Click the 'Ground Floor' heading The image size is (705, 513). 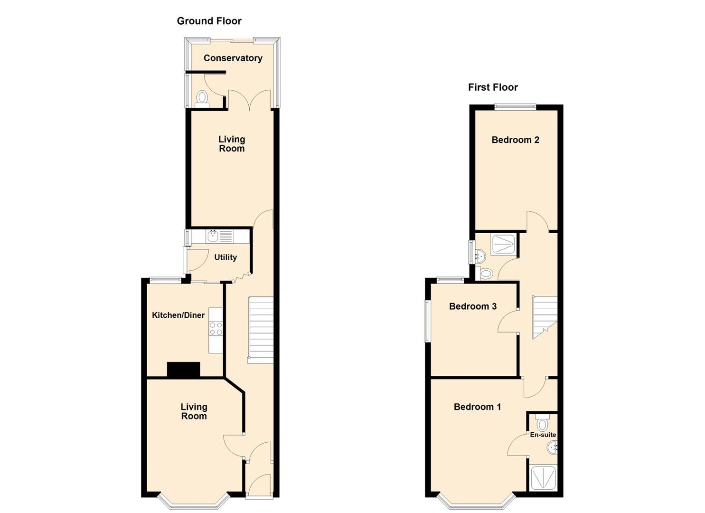[x=209, y=21]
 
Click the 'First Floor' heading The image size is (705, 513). [x=493, y=87]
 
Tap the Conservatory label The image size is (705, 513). [x=233, y=58]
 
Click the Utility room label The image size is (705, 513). [x=226, y=257]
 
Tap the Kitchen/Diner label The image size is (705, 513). [x=178, y=315]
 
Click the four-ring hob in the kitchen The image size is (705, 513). [x=216, y=329]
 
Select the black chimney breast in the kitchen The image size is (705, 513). [x=184, y=370]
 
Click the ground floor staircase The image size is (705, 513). [x=261, y=330]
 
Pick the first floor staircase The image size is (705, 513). [x=544, y=316]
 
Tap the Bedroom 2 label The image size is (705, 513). [x=515, y=140]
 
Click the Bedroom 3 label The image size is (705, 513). [x=473, y=306]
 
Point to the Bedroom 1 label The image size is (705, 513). [x=477, y=407]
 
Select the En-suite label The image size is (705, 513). [x=543, y=435]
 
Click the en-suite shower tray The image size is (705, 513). [x=543, y=478]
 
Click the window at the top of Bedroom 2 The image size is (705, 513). [x=515, y=107]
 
